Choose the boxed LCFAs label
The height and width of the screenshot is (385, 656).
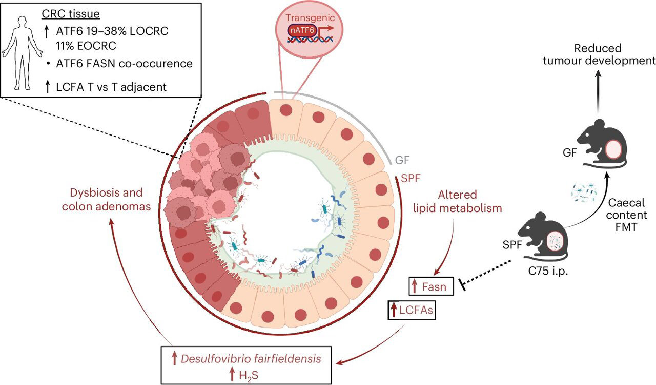coord(412,310)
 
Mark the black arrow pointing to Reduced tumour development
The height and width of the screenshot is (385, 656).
coord(598,92)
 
